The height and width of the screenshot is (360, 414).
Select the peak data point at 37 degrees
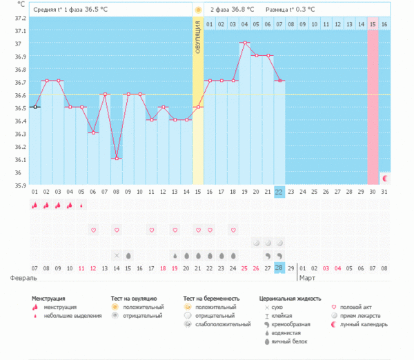pos(245,43)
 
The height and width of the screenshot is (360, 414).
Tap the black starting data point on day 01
pos(34,107)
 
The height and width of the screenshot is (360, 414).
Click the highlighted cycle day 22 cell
pos(279,191)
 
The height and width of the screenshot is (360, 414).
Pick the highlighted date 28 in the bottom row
pos(279,267)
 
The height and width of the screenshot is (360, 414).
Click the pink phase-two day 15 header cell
pos(373,24)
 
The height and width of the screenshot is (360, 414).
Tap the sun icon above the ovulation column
pos(198,10)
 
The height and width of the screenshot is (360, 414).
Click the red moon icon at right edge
pos(385,178)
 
